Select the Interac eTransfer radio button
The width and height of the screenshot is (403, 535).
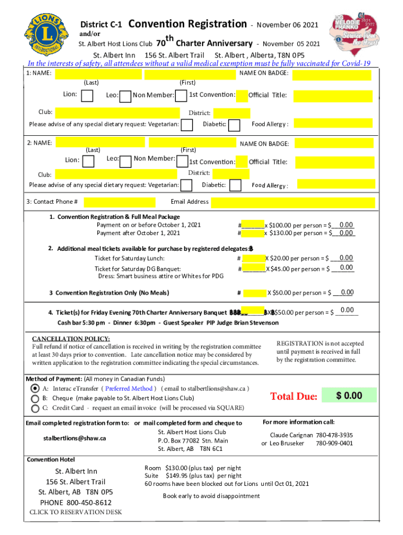35,388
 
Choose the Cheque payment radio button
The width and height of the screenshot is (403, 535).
35,398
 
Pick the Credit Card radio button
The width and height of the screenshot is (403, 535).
35,408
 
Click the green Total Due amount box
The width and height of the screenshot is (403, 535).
349,396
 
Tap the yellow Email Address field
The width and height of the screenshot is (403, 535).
298,202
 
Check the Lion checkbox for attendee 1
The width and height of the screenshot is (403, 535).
88,95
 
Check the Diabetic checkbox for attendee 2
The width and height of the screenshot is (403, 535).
236,185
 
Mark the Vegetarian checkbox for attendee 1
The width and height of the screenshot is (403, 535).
186,124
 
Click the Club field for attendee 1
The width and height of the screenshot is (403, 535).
117,112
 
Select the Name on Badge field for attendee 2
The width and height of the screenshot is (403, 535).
332,144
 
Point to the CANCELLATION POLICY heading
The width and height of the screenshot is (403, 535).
71,339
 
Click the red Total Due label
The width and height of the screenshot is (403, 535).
293,397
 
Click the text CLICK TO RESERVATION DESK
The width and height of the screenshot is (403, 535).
75,512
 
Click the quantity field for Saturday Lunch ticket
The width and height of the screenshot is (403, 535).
254,258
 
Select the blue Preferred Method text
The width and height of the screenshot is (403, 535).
129,388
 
